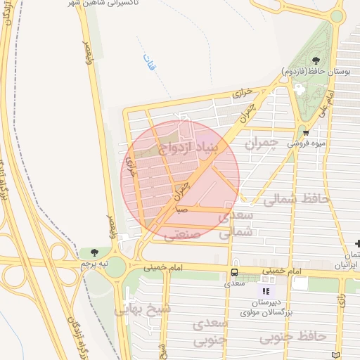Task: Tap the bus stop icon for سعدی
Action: (x=234, y=272)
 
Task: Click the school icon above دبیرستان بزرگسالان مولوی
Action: (x=266, y=291)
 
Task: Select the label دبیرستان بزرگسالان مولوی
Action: (x=266, y=304)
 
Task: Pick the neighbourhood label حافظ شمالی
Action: (x=296, y=200)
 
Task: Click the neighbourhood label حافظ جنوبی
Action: (x=293, y=338)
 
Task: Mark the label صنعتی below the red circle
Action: (x=182, y=235)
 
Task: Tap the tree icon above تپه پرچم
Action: (x=94, y=252)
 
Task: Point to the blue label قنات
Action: (x=148, y=62)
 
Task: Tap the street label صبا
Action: (x=181, y=209)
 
